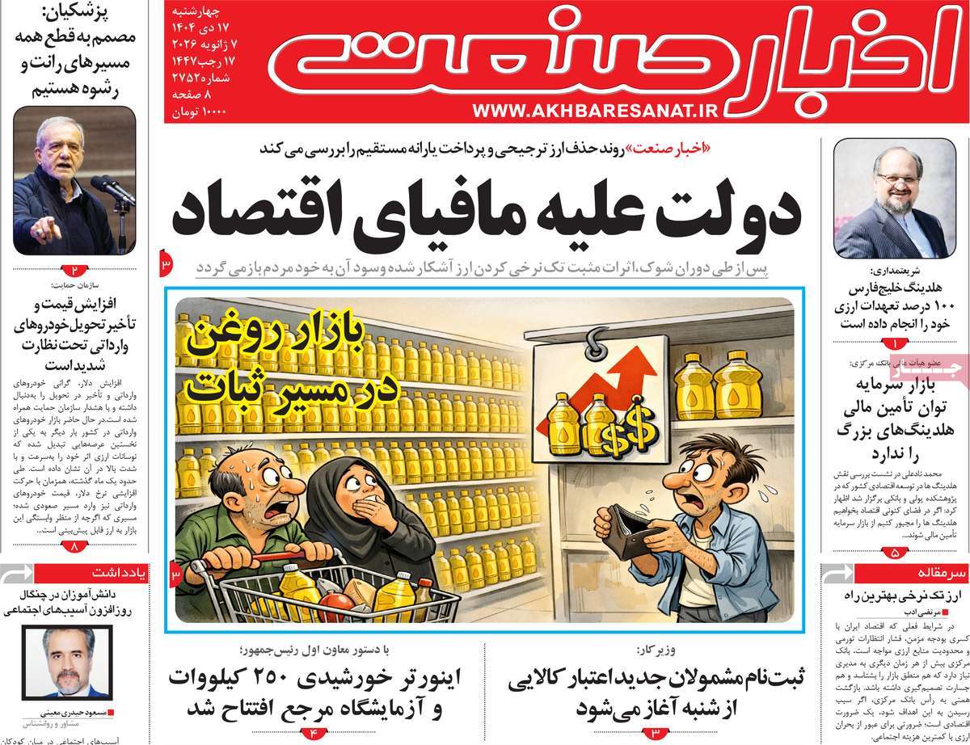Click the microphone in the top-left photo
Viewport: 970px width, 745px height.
[111, 188]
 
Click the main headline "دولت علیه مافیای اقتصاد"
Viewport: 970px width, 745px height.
[486, 212]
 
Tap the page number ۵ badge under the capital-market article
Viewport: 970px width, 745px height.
[894, 553]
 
